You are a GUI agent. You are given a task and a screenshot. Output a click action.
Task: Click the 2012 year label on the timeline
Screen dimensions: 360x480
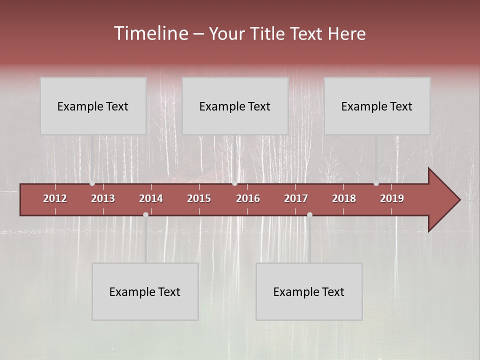(55, 198)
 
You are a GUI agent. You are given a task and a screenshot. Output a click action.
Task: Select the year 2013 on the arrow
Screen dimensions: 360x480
(103, 198)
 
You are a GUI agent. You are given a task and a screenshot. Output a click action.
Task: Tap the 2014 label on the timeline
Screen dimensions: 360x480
(151, 198)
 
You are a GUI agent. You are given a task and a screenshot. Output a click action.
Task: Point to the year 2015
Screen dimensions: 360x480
(199, 198)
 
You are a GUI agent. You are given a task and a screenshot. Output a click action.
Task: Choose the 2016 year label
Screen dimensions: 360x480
(248, 198)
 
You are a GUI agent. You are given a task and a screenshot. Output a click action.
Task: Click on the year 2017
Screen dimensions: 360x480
(296, 198)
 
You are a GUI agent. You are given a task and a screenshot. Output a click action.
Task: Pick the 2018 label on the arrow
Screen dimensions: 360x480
(344, 198)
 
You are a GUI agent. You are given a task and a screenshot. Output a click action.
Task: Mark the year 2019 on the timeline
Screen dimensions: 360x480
(392, 198)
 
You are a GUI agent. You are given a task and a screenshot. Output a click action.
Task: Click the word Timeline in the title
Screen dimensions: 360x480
(150, 33)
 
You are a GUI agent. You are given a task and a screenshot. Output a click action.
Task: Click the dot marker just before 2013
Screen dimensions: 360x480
(92, 183)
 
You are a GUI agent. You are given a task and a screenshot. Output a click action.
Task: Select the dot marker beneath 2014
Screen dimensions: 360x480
(145, 214)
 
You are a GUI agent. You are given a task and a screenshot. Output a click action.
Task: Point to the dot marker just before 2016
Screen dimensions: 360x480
(234, 183)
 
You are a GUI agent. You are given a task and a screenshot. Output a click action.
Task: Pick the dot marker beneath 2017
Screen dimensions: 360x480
(309, 214)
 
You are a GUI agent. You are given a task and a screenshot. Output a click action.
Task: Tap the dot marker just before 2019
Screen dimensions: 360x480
(376, 183)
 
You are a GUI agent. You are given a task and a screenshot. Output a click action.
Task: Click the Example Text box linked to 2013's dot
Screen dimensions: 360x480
(93, 106)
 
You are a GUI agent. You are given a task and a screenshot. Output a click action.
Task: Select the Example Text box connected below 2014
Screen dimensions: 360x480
(145, 291)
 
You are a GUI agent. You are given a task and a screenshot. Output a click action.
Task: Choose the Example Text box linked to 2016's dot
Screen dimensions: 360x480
(235, 106)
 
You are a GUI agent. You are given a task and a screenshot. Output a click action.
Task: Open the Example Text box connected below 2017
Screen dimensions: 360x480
(309, 291)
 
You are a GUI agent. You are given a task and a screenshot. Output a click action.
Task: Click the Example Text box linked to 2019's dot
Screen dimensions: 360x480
(377, 106)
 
